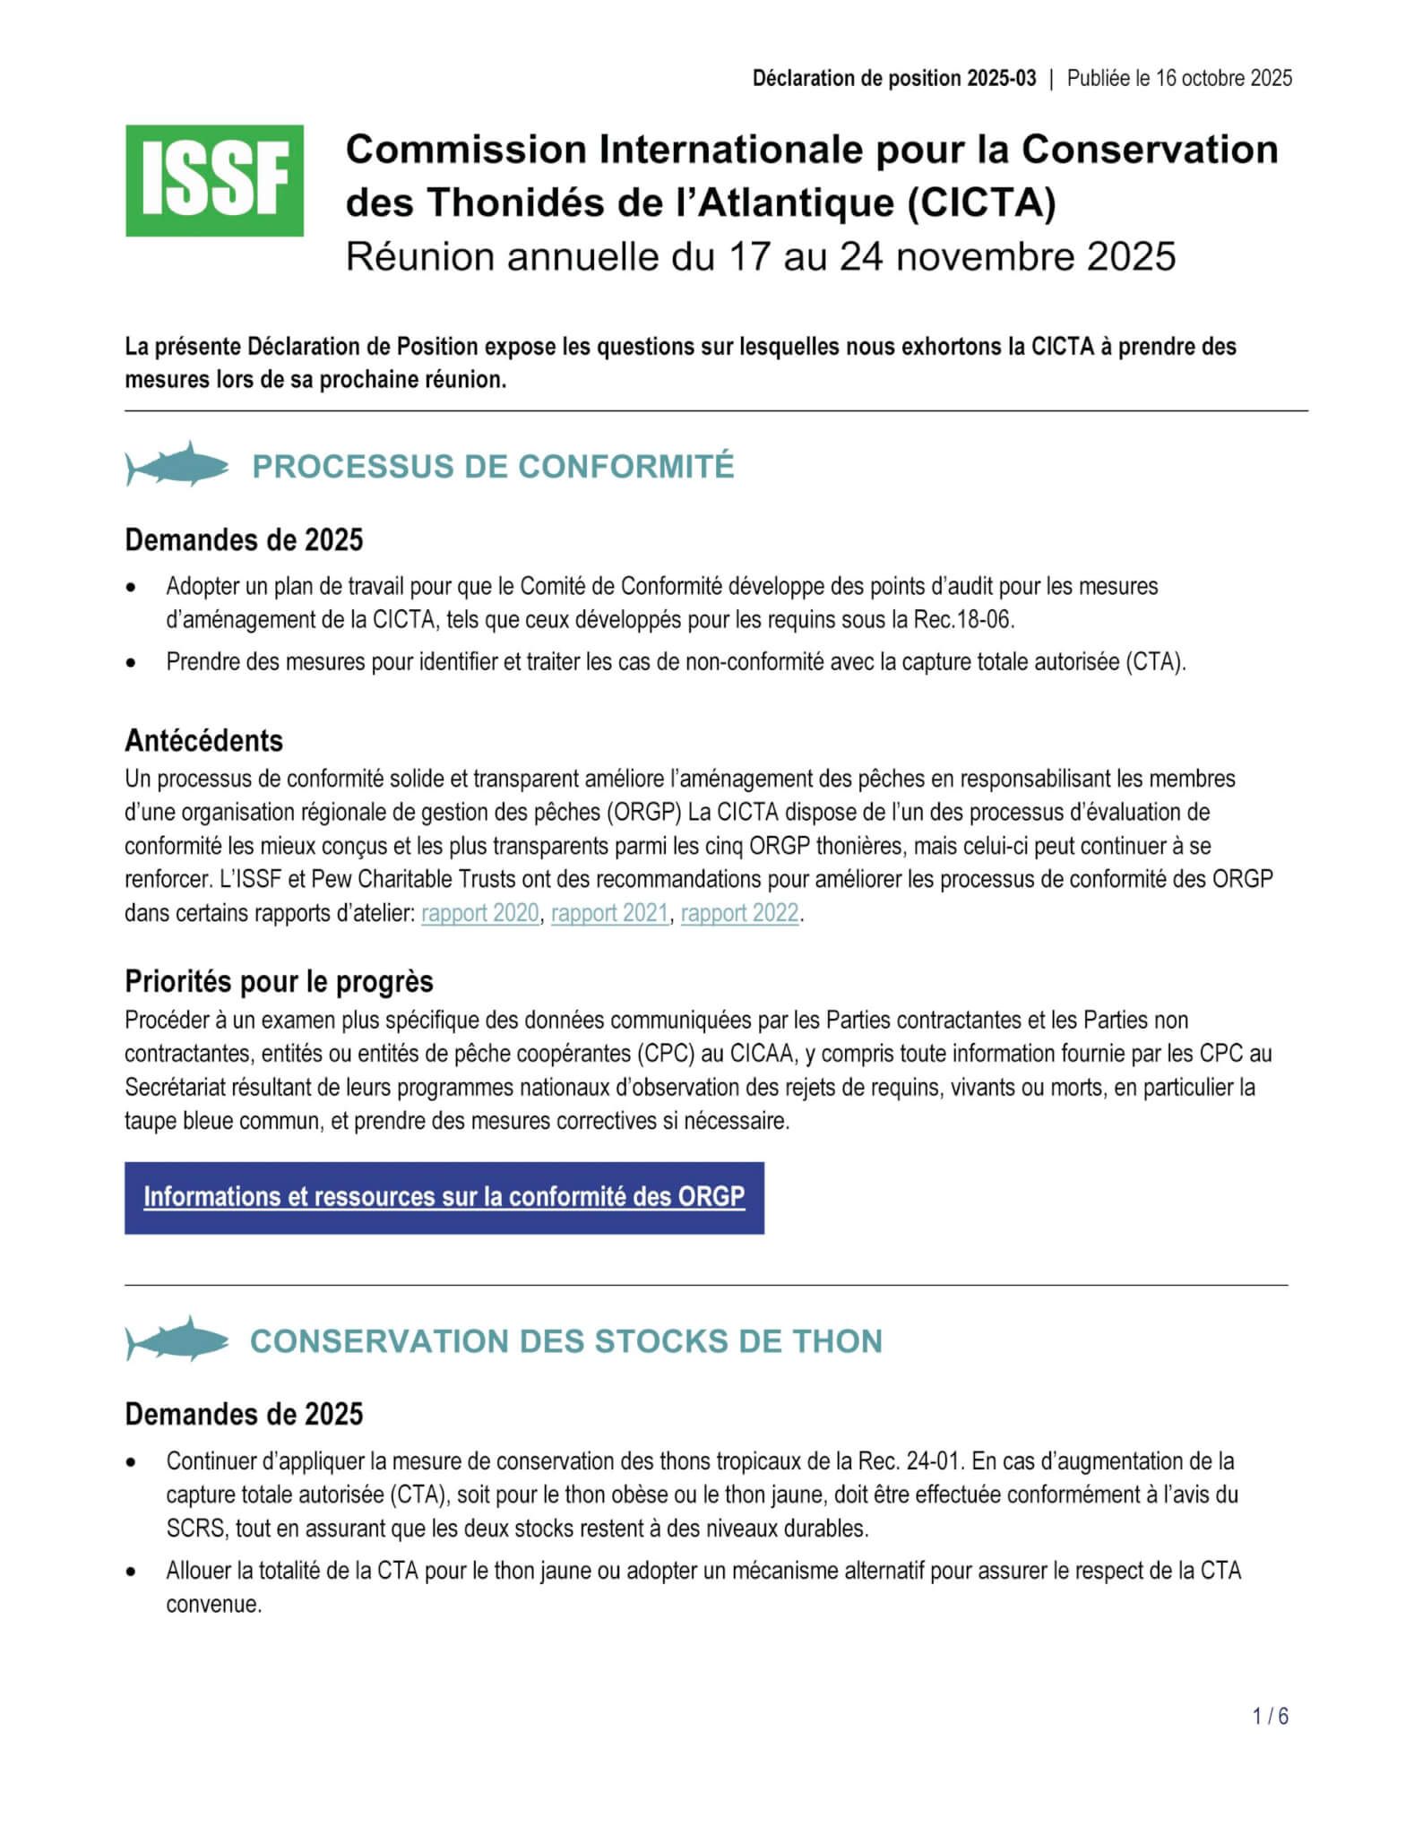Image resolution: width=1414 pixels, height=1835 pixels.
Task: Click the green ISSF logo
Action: point(214,180)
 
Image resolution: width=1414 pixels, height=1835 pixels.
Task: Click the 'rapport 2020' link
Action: point(479,913)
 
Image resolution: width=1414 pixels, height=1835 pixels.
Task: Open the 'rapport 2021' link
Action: point(609,913)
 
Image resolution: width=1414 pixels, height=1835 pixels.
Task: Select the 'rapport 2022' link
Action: point(739,913)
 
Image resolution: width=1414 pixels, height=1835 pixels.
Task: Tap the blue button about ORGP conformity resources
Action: point(444,1197)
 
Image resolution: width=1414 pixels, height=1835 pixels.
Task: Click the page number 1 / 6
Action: point(1271,1716)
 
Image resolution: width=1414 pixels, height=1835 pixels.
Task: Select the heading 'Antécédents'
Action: point(203,741)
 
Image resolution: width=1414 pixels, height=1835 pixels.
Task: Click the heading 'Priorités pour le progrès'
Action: point(279,981)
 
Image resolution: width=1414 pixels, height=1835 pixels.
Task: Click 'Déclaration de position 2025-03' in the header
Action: point(893,78)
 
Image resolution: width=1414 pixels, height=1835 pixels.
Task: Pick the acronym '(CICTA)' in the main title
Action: point(981,202)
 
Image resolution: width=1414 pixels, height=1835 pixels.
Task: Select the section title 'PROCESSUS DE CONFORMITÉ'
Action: point(493,466)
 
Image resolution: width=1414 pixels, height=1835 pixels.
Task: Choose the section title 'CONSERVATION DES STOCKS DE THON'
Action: point(566,1340)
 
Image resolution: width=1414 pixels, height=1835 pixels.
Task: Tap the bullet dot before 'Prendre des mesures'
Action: point(132,663)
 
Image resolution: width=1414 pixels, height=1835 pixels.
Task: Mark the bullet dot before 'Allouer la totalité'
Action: point(132,1571)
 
